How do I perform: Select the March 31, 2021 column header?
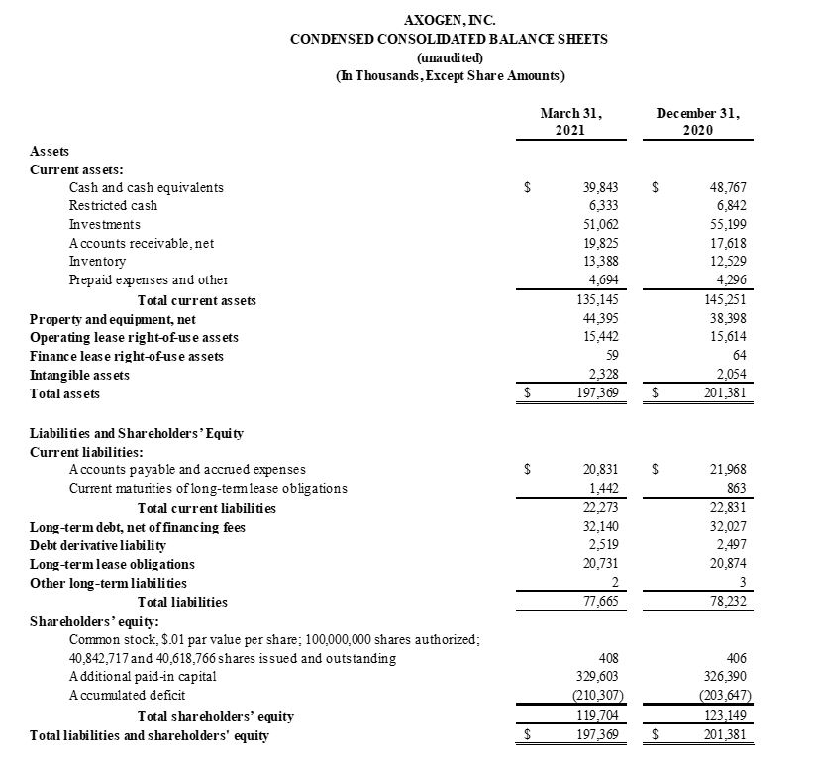[570, 122]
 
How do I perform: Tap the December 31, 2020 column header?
[698, 122]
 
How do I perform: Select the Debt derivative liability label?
[98, 545]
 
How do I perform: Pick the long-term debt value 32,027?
[726, 527]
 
